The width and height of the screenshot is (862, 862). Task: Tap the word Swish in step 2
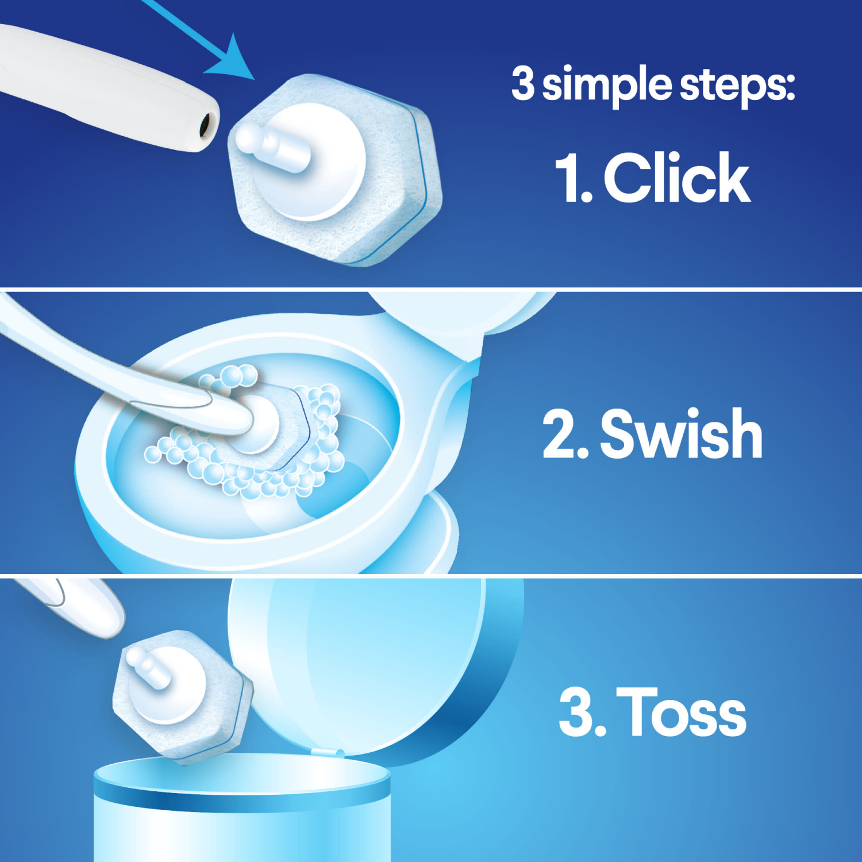pyautogui.click(x=681, y=434)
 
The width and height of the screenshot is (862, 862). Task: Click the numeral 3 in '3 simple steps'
pyautogui.click(x=523, y=84)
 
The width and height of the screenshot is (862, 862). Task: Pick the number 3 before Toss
pyautogui.click(x=578, y=713)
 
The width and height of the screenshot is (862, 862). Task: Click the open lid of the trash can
pyautogui.click(x=374, y=661)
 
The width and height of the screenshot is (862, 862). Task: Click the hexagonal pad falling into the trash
pyautogui.click(x=181, y=698)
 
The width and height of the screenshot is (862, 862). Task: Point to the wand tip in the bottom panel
pyautogui.click(x=86, y=609)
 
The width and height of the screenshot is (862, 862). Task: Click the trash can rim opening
pyautogui.click(x=241, y=776)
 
